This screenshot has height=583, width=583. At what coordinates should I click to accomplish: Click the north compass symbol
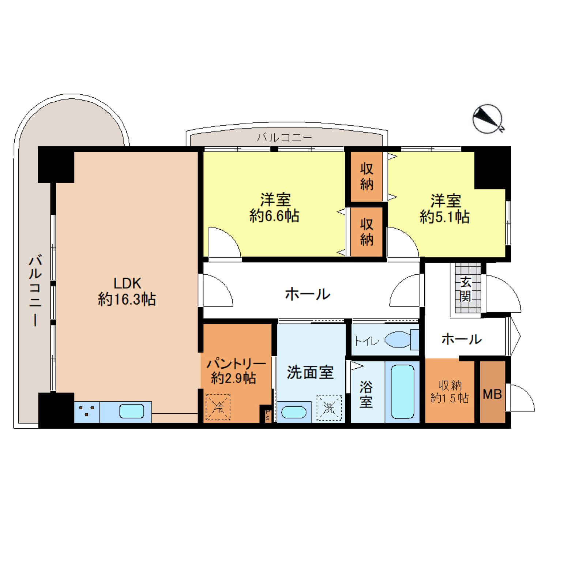coord(488,119)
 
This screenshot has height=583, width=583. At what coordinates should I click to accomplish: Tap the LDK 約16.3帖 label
coord(127,291)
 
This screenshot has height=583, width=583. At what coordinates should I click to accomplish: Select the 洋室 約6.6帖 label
coord(275,208)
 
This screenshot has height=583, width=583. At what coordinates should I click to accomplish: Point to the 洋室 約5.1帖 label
coord(445,209)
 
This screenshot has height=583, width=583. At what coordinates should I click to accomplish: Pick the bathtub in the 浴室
coord(402,392)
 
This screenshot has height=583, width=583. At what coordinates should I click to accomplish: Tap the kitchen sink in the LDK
coord(132,411)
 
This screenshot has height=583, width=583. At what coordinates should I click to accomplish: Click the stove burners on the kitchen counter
coord(87,410)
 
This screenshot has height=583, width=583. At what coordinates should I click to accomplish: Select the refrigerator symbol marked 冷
coord(218,407)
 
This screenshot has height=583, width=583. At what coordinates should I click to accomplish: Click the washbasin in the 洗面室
coord(294,413)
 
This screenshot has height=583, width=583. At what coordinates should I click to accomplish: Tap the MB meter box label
coord(492,394)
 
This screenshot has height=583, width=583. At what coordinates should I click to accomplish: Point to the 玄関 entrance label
coord(466,289)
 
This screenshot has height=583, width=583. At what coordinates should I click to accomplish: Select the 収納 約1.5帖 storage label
coord(450,391)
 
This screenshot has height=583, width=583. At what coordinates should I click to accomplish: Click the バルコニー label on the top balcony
coord(284,138)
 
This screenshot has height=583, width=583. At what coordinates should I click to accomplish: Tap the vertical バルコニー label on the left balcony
coord(35,290)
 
